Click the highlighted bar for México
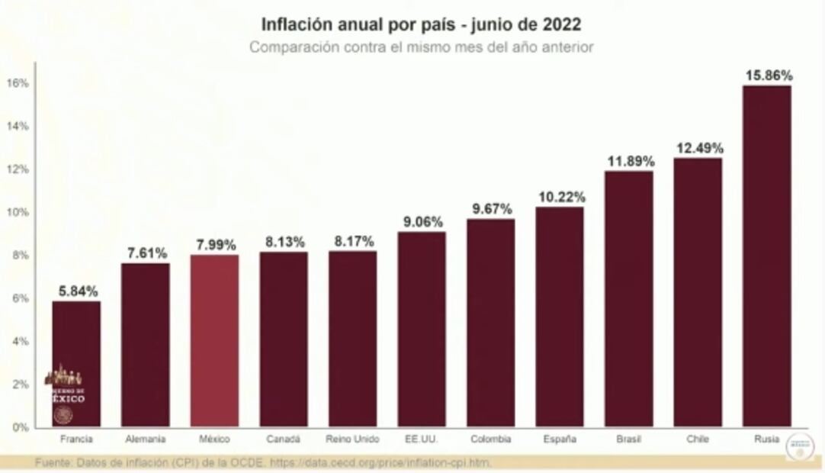pyautogui.click(x=214, y=340)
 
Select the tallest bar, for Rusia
pyautogui.click(x=766, y=256)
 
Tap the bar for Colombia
pyautogui.click(x=490, y=323)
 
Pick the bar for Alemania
pyautogui.click(x=146, y=345)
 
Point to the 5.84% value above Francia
pyautogui.click(x=76, y=291)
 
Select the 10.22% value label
pyautogui.click(x=560, y=197)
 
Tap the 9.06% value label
pyautogui.click(x=422, y=222)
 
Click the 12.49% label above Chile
pyautogui.click(x=698, y=148)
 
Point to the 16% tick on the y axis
pyautogui.click(x=19, y=83)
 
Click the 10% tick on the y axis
pyautogui.click(x=19, y=212)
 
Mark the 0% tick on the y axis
pyautogui.click(x=21, y=427)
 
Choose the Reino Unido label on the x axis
pyautogui.click(x=352, y=439)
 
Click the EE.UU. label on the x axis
pyautogui.click(x=422, y=439)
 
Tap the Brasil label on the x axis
pyautogui.click(x=628, y=439)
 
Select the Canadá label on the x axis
pyautogui.click(x=283, y=439)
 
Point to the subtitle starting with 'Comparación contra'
pyautogui.click(x=422, y=47)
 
